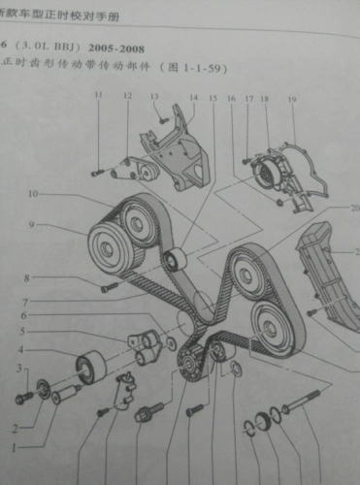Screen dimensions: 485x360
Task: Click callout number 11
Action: (x=97, y=95)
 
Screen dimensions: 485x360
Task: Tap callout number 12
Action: (x=127, y=96)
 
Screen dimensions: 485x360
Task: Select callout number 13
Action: (x=153, y=95)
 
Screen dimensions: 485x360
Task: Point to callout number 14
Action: (x=192, y=97)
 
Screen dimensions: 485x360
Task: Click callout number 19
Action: (x=291, y=99)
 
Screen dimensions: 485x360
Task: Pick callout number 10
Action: (x=33, y=195)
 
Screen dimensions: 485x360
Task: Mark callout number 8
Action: (x=27, y=278)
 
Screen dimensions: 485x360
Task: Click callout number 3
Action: (x=16, y=367)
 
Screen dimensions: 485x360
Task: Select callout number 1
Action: (x=14, y=448)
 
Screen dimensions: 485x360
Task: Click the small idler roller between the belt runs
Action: (x=175, y=260)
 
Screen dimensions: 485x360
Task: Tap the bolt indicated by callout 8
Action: (x=108, y=286)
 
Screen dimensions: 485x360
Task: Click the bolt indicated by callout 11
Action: (x=97, y=171)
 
